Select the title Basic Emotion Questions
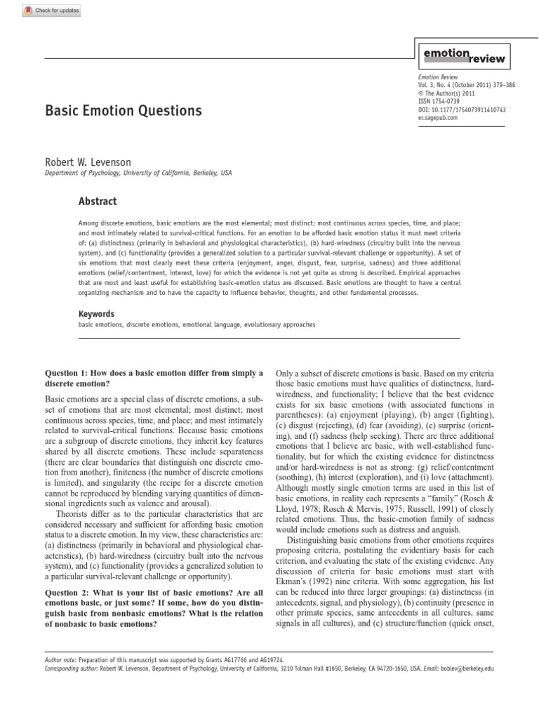[124, 111]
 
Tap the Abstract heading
[98, 202]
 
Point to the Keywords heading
[96, 315]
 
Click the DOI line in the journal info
[462, 110]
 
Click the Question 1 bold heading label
[71, 373]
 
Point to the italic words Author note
[60, 661]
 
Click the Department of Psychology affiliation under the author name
[138, 173]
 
